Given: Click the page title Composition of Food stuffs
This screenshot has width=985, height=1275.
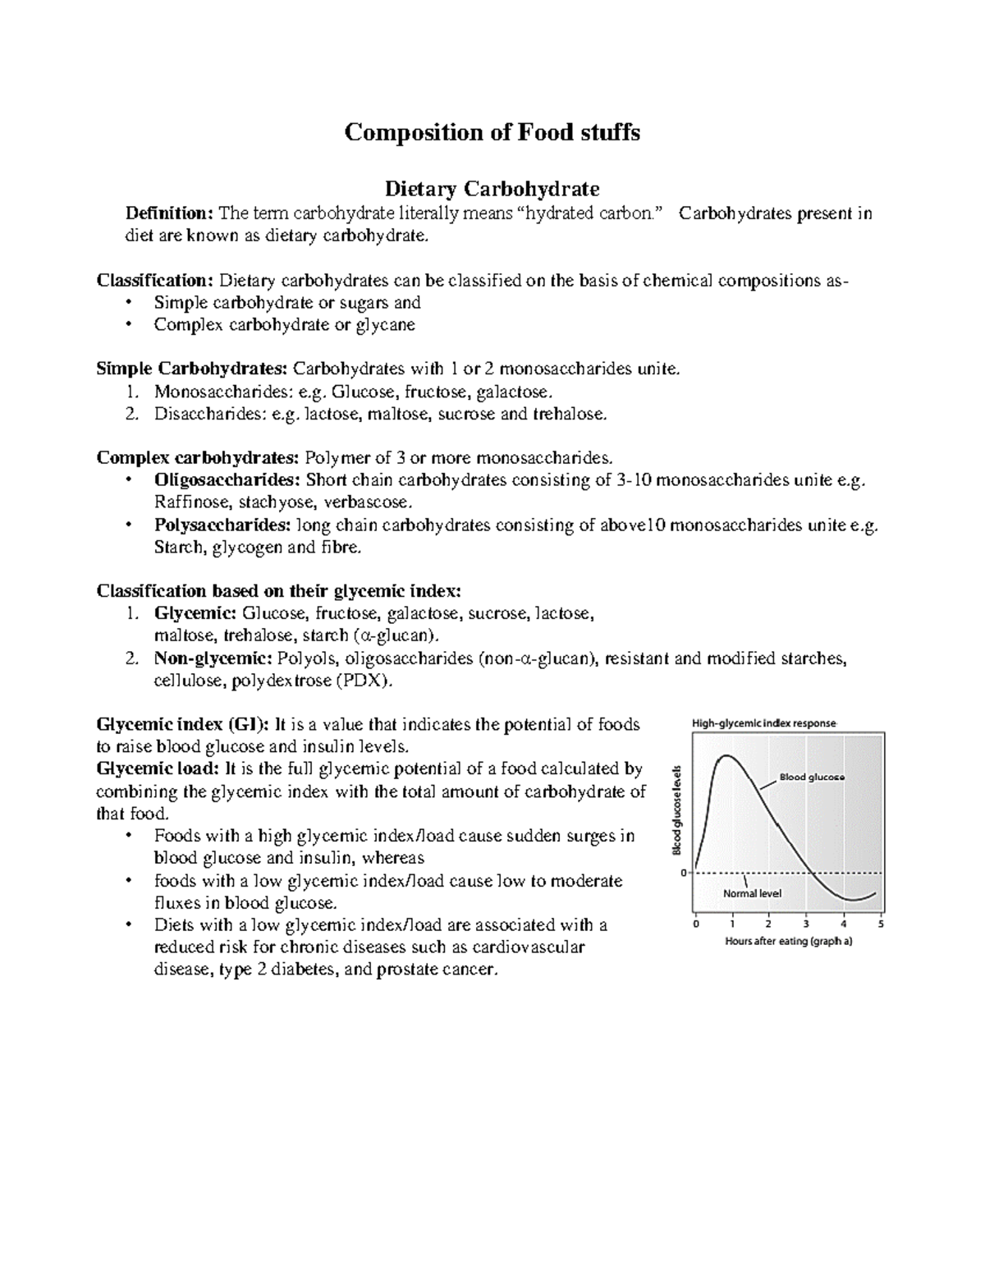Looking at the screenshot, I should pos(492,132).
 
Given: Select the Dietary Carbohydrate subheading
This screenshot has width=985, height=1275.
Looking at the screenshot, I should pos(492,189).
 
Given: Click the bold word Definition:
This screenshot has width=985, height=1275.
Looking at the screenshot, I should pos(168,213).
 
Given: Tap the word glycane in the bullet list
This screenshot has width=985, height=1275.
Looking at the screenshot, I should pos(385,325).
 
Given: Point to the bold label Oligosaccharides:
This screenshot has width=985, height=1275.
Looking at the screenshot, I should pos(227,480).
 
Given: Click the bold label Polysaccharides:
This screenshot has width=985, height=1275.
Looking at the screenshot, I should pos(222,525).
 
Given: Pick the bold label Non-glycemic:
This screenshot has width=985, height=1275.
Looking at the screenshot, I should pos(213,658).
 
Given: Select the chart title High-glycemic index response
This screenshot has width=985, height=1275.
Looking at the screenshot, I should pos(763,723).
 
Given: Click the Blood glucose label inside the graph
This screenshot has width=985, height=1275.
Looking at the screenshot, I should pos(811,777).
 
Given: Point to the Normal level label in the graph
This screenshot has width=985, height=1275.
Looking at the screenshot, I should pos(752,893).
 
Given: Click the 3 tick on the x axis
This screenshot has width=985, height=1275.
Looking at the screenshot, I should pos(806,924).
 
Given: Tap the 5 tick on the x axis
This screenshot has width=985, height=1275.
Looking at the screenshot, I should pos(881,924).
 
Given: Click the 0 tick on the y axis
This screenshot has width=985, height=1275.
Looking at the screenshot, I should pos(683,874).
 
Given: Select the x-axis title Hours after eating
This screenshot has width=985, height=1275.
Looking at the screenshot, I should pos(788,942).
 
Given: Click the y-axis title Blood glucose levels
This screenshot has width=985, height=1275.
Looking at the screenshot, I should pos(677,809).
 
